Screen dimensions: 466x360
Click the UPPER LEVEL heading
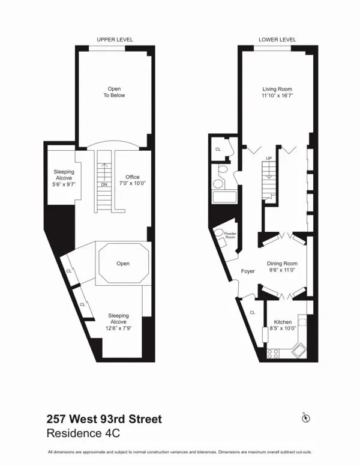coord(115,40)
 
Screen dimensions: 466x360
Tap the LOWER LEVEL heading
coord(277,40)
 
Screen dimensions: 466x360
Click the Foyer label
coord(248,271)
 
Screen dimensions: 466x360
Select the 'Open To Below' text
coord(114,92)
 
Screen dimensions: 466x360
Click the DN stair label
coord(104,184)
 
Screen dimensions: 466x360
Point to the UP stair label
coord(269,159)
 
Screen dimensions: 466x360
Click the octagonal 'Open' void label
coord(123,264)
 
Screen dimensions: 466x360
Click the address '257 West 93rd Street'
coord(104,419)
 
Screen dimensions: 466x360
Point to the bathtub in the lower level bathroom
coord(223,198)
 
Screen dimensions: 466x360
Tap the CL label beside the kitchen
coord(253,312)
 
